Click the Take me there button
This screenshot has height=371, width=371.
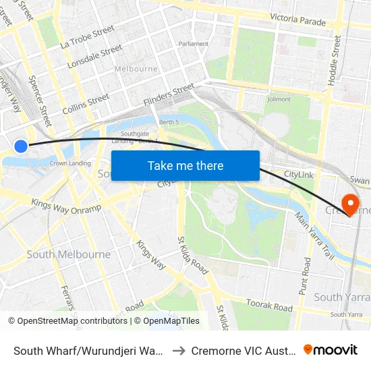click(x=185, y=166)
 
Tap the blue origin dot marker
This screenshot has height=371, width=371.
click(x=21, y=146)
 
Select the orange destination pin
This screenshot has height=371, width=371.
click(x=350, y=204)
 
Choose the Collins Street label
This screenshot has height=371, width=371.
click(x=86, y=103)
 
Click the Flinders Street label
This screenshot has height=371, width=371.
click(x=169, y=94)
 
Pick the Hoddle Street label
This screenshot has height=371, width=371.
click(x=334, y=60)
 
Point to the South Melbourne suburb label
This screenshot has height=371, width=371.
click(x=68, y=254)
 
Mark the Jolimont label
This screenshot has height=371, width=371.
click(x=279, y=99)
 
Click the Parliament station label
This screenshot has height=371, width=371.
click(x=194, y=44)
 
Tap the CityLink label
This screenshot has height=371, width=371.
click(x=298, y=175)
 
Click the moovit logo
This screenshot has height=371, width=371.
click(x=331, y=350)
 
